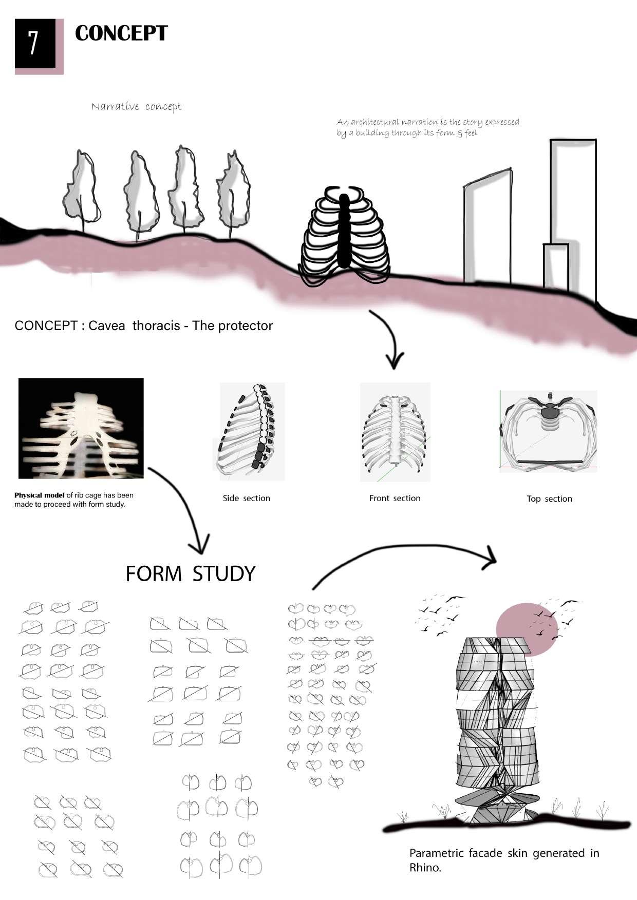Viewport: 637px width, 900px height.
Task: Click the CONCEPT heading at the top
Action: [121, 33]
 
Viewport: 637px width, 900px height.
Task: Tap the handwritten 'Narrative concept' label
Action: [137, 107]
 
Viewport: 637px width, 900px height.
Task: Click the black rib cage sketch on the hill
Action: [344, 234]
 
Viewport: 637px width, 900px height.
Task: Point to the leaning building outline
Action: [487, 226]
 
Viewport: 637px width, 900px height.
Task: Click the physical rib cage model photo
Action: [81, 428]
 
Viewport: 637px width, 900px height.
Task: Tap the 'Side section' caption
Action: [246, 498]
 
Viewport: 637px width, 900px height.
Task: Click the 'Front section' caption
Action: [395, 498]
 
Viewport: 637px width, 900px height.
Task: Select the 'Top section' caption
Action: [549, 499]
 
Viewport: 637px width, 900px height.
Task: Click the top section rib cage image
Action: [549, 431]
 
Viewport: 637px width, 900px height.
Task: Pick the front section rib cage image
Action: [395, 432]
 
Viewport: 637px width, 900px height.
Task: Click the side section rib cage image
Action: [252, 431]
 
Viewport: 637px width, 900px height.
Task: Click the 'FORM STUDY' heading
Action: [191, 573]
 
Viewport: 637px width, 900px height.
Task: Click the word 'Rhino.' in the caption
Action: [425, 868]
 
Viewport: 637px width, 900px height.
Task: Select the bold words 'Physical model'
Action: [40, 495]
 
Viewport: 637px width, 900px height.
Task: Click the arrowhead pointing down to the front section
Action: [394, 362]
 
